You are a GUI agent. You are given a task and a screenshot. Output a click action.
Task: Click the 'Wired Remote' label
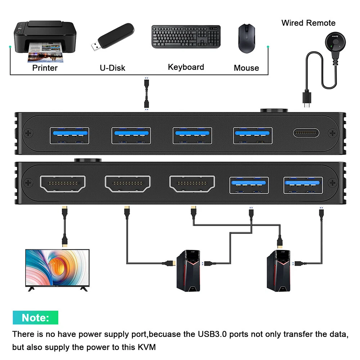(308, 23)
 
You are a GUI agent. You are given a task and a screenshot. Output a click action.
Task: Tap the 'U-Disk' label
(112, 68)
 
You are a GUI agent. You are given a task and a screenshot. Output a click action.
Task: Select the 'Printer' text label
(45, 68)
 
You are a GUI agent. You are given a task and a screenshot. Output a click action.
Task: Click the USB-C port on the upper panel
(306, 133)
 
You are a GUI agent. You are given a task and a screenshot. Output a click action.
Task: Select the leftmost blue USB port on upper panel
(68, 135)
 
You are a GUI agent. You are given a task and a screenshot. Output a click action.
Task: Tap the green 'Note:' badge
(35, 318)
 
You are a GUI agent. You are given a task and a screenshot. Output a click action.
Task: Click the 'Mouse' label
(246, 68)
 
